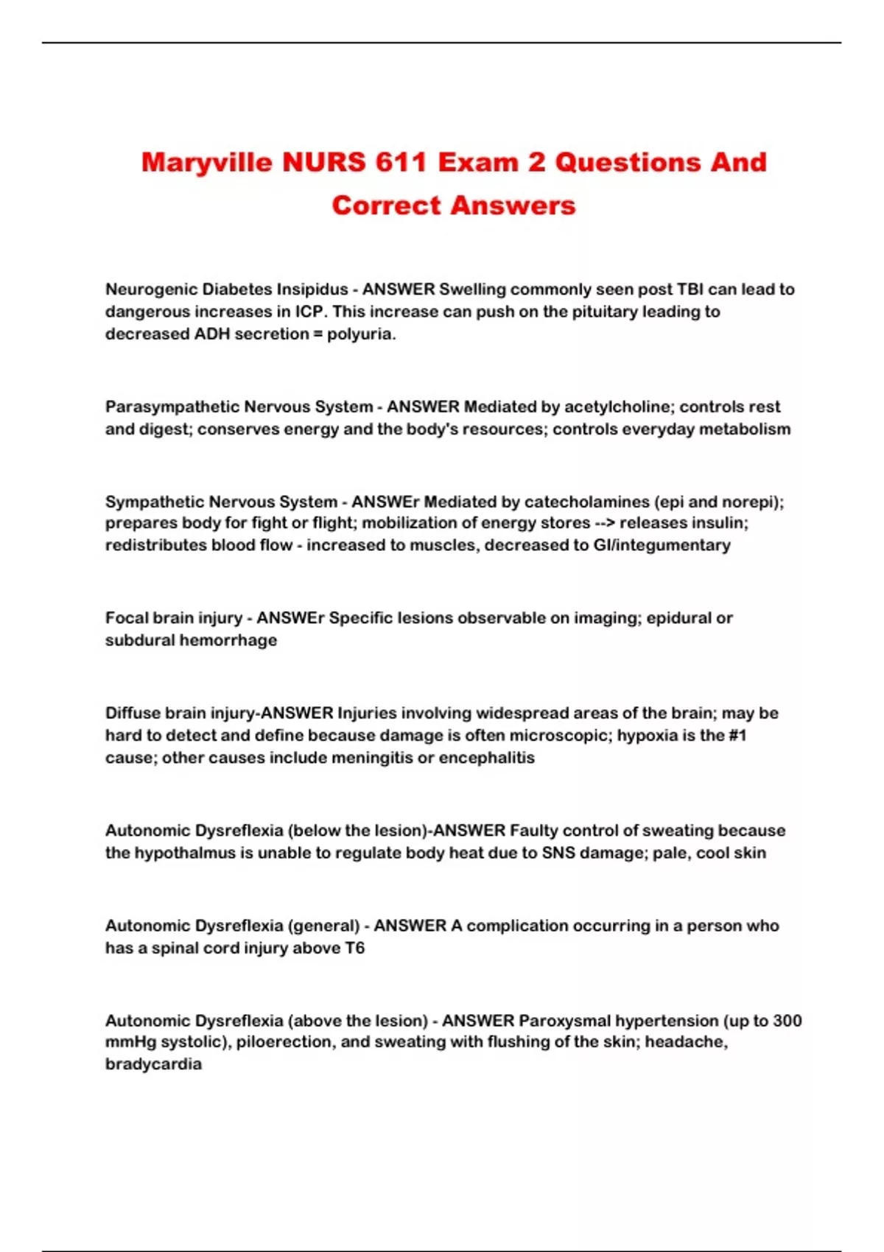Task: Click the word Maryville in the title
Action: click(x=207, y=163)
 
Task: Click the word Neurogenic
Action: click(x=150, y=289)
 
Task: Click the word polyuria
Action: click(x=361, y=334)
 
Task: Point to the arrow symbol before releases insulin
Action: click(x=605, y=523)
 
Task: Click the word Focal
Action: click(x=126, y=618)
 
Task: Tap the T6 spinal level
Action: click(x=354, y=948)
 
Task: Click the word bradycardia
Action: click(x=153, y=1064)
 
